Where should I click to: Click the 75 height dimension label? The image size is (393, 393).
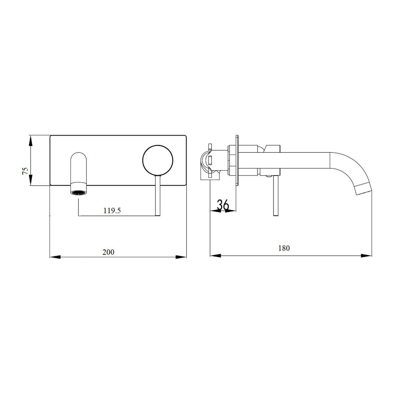25,171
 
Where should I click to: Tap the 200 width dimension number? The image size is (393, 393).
108,252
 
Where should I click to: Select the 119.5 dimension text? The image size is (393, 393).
112,210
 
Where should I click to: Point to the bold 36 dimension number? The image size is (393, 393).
223,205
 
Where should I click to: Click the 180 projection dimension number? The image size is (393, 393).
284,248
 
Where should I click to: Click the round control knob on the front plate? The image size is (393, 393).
158,160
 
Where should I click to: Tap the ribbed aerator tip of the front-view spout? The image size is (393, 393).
79,192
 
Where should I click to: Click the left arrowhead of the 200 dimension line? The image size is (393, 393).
55,257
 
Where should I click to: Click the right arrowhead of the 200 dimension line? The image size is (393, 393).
181,257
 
